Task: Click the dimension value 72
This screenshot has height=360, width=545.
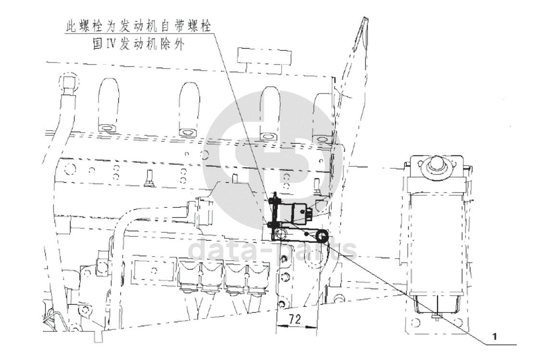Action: pos(295,319)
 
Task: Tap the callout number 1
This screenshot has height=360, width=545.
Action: pos(495,336)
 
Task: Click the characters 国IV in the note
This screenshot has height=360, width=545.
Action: pos(104,44)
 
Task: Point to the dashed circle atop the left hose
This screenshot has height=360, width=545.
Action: pos(69,82)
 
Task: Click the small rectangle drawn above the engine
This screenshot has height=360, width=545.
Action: pos(264,57)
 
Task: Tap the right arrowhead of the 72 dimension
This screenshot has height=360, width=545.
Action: pos(311,326)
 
